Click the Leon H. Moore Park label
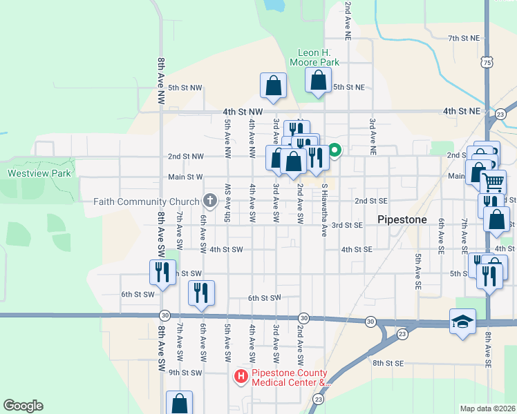(x=318, y=57)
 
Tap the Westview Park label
(x=39, y=173)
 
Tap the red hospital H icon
(x=241, y=376)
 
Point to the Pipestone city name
(x=404, y=219)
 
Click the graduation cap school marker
(x=462, y=322)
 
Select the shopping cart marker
(x=493, y=182)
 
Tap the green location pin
(x=335, y=149)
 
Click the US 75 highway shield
(x=488, y=63)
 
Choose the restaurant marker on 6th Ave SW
(x=201, y=292)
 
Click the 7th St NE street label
(x=463, y=38)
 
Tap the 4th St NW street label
(x=243, y=111)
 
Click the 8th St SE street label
(x=387, y=362)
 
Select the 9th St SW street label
(x=185, y=373)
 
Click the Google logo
(x=23, y=406)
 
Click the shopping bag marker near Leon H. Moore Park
(x=317, y=81)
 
